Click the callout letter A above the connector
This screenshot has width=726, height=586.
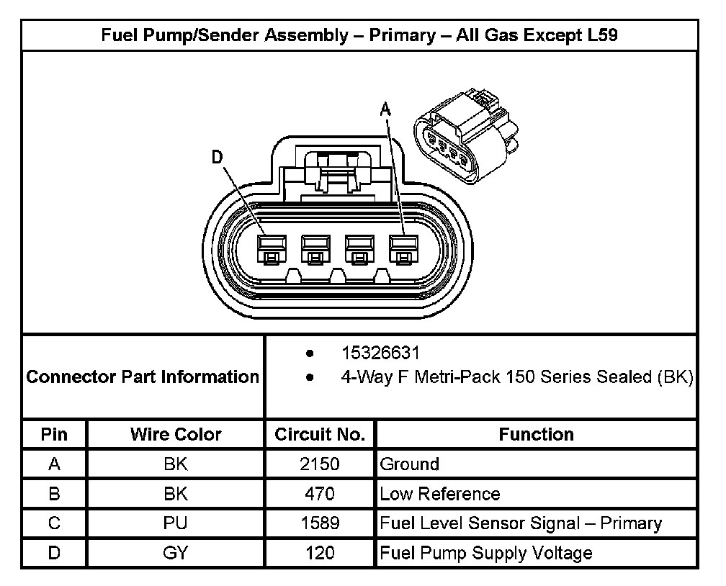point(385,109)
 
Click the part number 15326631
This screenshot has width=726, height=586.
point(380,353)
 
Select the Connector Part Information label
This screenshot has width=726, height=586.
point(143,377)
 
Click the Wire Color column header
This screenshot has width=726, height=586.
point(176,434)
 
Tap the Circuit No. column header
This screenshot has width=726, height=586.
point(320,434)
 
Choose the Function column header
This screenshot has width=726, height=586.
point(536,434)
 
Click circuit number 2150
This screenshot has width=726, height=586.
point(320,464)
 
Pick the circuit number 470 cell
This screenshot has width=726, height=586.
point(320,494)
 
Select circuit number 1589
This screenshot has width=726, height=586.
point(320,523)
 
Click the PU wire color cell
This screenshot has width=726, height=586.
point(176,523)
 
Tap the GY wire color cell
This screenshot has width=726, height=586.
point(176,553)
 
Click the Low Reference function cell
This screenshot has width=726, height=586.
point(439,494)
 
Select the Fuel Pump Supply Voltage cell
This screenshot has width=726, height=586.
point(486,553)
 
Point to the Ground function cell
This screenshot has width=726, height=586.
point(409,464)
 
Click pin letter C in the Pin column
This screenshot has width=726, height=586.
point(54,523)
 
